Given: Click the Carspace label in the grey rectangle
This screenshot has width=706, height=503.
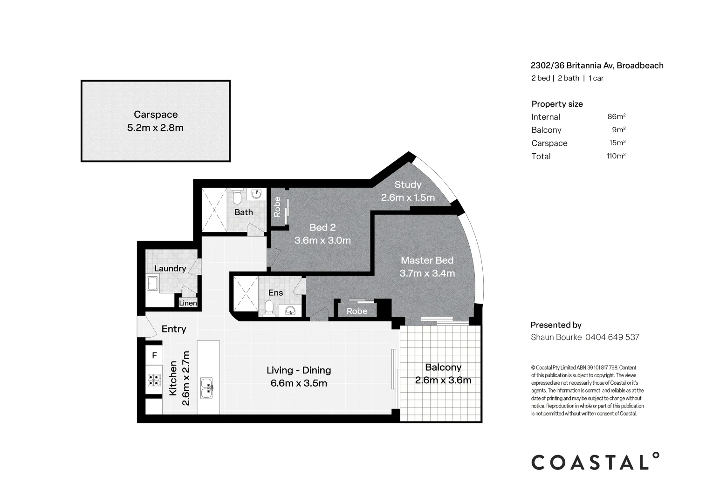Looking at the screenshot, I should [156, 115].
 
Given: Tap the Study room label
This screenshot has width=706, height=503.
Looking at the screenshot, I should [408, 185].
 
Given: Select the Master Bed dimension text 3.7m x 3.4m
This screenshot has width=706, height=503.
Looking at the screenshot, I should [427, 273].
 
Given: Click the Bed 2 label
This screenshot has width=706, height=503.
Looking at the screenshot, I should [322, 228].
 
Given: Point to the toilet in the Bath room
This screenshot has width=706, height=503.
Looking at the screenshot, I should [237, 197].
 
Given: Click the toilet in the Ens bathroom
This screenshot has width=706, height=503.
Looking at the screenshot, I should [269, 308].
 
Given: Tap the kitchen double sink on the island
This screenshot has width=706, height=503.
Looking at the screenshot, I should [206, 388].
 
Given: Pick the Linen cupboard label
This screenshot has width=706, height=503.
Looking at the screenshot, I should [188, 303].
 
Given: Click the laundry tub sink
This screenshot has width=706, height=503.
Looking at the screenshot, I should [153, 284].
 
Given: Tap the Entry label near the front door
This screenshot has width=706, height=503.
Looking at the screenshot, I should [174, 329].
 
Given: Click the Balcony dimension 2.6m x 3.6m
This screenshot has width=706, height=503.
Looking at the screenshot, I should [443, 381].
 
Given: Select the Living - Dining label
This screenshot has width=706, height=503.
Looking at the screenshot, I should [299, 370].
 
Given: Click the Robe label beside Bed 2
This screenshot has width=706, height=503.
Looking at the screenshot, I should [277, 207].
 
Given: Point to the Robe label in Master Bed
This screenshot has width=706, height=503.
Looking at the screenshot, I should [356, 311].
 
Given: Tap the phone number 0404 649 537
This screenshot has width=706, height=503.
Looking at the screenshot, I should [612, 337].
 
